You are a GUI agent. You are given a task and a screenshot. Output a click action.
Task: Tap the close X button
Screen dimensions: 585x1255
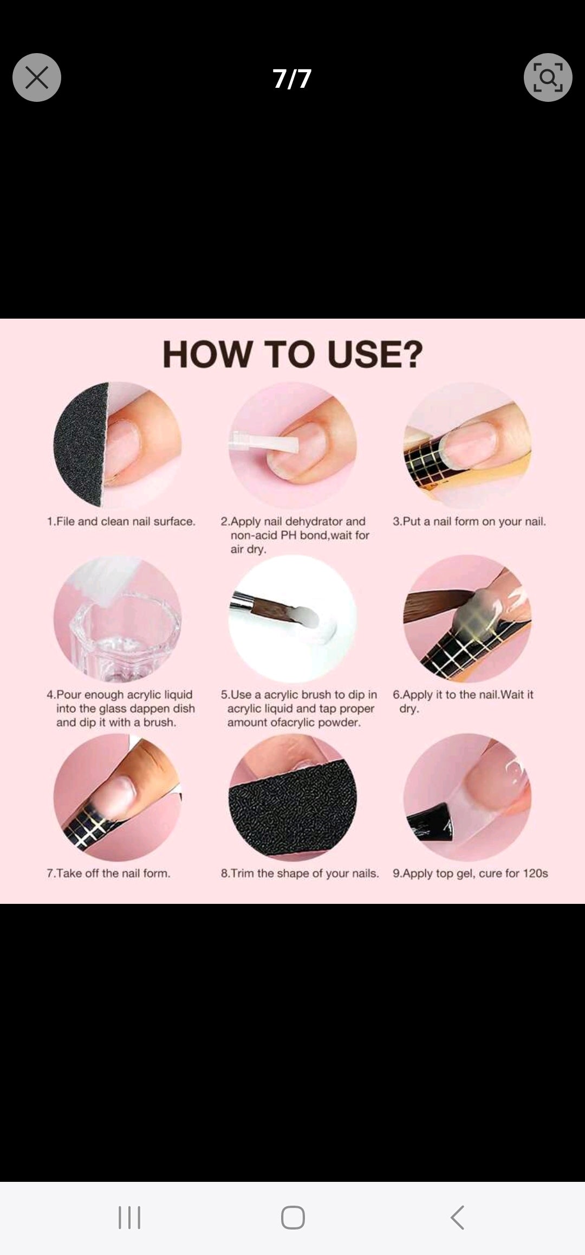click(x=37, y=77)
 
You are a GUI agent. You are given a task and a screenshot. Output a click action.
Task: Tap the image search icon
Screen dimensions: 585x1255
click(x=548, y=77)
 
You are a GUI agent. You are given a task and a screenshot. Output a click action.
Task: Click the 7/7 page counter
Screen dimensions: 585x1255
click(x=292, y=79)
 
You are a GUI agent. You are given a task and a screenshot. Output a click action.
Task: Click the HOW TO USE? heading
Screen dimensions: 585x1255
click(x=292, y=354)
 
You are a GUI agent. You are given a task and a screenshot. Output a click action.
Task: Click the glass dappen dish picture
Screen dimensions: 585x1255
click(x=118, y=619)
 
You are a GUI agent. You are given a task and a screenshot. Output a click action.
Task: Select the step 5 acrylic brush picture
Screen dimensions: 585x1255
click(x=292, y=619)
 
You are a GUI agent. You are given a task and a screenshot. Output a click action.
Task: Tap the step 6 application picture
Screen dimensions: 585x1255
click(x=467, y=619)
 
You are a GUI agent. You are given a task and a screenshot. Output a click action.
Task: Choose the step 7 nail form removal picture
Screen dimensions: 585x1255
click(x=118, y=797)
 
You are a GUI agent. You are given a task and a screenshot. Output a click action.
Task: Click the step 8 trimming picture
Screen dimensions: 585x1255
click(x=292, y=797)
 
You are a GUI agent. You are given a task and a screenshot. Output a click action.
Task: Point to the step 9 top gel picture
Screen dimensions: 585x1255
click(x=467, y=797)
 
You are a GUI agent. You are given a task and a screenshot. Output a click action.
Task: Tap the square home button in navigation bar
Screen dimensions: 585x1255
click(x=292, y=1218)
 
